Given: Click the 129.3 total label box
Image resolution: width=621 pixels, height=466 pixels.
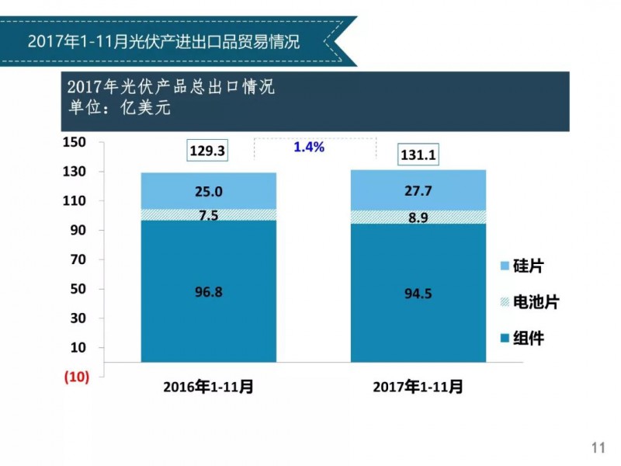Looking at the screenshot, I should (x=207, y=151).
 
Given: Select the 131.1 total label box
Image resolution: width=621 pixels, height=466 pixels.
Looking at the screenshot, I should (x=418, y=155).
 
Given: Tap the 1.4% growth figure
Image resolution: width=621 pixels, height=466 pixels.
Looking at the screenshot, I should (x=309, y=146).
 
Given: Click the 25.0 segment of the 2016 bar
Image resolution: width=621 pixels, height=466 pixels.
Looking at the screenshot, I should (x=208, y=191).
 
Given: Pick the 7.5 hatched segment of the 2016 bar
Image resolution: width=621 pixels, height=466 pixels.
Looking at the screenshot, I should (x=208, y=215).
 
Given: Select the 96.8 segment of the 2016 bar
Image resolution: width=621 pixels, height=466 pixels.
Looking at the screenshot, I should (x=208, y=292).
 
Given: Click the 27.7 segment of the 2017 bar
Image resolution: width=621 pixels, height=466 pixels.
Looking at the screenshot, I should (x=418, y=190).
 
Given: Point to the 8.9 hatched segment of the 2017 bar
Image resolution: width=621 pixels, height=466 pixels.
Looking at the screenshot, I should (x=418, y=217).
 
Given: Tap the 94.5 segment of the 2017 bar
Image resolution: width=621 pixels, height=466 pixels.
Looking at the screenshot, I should (x=418, y=293).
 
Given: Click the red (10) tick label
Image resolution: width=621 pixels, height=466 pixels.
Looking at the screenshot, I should (x=76, y=377).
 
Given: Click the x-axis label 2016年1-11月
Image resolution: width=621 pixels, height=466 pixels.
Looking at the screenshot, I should (x=208, y=386).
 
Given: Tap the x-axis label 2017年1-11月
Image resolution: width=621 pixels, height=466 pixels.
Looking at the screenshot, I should (x=418, y=386).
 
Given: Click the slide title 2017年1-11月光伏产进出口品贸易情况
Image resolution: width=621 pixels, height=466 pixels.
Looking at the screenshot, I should (x=163, y=40).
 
